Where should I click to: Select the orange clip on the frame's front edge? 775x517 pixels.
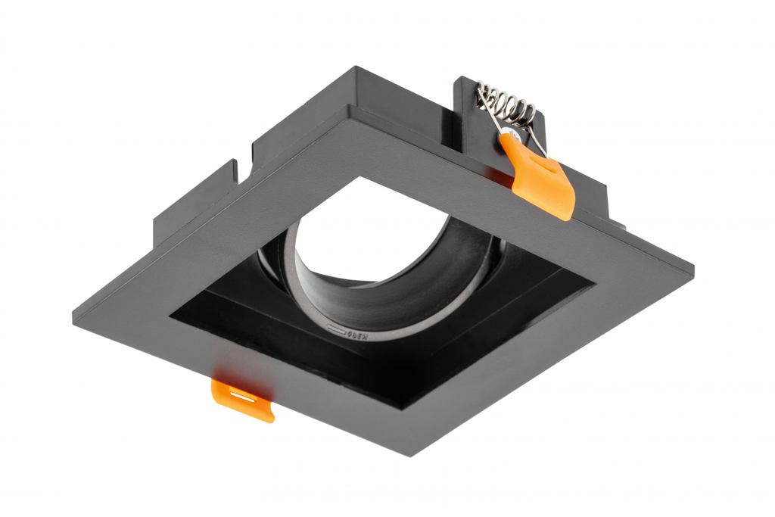click(242, 398)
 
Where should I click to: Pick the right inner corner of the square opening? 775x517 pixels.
click(595, 285)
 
